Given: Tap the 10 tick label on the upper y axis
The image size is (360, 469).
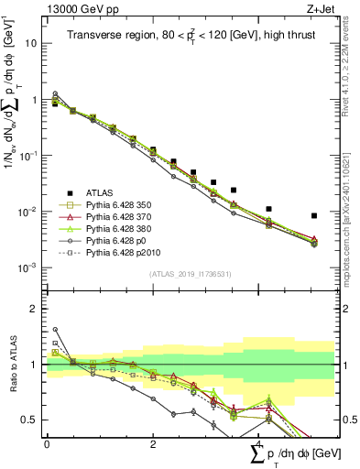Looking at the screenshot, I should pos(30,43).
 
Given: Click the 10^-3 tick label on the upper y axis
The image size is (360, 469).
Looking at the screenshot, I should pos(27,267).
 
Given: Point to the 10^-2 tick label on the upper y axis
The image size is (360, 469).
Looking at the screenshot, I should pos(27,212).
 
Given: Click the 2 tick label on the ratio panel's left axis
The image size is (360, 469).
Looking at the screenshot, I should pos(33,309).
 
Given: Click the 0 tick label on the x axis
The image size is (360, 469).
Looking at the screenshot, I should pos(46,443).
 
